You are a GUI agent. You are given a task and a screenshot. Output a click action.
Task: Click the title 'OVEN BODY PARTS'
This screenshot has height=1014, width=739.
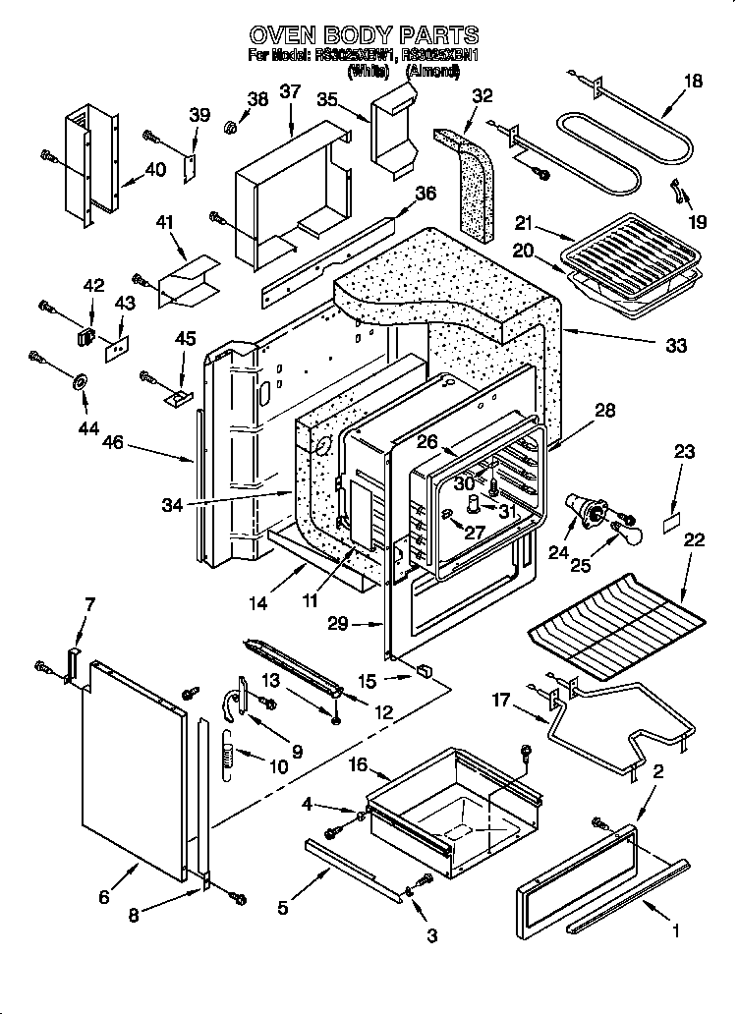(365, 36)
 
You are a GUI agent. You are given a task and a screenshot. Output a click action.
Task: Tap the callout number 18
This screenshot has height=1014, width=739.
(693, 82)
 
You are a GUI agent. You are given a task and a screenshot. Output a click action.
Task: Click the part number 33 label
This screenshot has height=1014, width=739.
(675, 345)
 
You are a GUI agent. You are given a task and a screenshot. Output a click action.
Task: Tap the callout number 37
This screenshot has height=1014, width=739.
(290, 92)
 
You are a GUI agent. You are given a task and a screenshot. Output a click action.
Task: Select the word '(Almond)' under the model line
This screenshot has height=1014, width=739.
(432, 71)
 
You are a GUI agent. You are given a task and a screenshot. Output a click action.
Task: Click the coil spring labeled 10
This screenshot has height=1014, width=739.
(225, 757)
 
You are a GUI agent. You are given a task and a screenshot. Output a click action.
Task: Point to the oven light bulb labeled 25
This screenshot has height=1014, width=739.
(625, 535)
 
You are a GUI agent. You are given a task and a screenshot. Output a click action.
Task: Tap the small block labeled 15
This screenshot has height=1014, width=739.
(424, 673)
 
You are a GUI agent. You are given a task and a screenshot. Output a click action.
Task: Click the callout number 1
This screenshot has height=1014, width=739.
(675, 927)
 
